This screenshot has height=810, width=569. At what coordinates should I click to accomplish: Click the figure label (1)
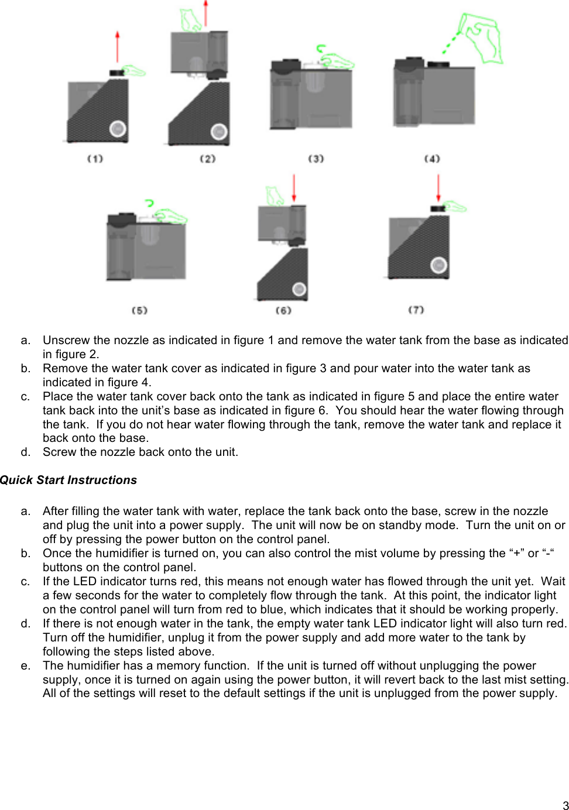click(95, 159)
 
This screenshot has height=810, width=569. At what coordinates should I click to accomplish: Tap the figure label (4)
click(432, 159)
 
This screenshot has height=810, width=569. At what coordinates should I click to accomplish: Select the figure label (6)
click(283, 310)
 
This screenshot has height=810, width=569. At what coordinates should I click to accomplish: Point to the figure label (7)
click(416, 310)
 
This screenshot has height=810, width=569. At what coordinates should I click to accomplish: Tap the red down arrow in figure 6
click(294, 187)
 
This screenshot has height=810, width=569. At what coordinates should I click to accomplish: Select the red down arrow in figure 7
click(438, 187)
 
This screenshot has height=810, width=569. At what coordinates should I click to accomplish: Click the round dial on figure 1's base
click(118, 128)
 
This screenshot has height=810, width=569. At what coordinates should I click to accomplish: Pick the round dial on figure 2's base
click(219, 132)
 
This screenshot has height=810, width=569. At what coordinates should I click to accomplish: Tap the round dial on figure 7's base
click(439, 266)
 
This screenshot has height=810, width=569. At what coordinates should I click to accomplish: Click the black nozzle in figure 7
click(437, 208)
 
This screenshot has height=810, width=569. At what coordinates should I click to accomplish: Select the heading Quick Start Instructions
click(68, 480)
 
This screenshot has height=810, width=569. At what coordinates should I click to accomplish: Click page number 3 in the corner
click(565, 805)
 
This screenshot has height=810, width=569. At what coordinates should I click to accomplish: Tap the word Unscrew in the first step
click(66, 340)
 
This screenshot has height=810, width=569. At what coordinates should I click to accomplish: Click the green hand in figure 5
click(171, 216)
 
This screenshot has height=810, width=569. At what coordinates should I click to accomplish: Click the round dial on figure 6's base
click(299, 289)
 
